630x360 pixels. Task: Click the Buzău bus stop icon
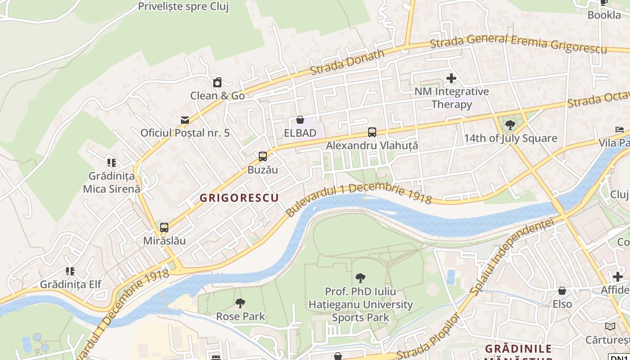coord(263,157)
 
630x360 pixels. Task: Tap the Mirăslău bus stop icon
coord(164,228)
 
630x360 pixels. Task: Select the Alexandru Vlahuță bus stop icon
coord(372,132)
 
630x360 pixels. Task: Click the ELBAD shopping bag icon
coord(300,120)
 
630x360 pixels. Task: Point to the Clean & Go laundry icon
coord(217,82)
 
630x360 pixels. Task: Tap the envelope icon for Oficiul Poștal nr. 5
coord(184,120)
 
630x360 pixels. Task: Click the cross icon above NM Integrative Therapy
coord(451,78)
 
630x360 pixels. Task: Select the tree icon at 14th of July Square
coord(510,125)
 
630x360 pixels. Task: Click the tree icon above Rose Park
coord(241,303)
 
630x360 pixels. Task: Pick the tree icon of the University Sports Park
coord(360,278)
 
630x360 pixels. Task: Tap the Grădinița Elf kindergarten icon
coord(70,271)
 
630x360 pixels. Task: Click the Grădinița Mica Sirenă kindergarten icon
coord(111,162)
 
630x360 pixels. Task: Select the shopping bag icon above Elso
coord(562,291)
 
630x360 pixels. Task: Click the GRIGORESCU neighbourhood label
coord(239,198)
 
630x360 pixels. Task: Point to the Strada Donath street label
coord(347,63)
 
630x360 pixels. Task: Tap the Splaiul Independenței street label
coord(513,257)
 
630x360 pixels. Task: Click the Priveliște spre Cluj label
coord(183,6)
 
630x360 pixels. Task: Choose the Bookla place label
coord(604,15)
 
